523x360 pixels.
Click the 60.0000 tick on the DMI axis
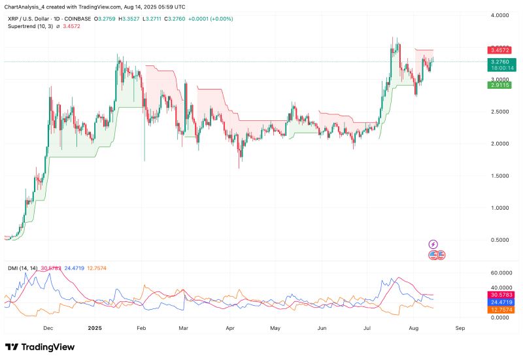click(499, 272)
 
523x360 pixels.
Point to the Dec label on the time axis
click(47, 328)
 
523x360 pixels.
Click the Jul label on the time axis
click(367, 328)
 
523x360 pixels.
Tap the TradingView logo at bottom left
click(39, 347)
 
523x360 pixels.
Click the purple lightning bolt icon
click(433, 244)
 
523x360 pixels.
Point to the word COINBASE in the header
click(77, 19)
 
